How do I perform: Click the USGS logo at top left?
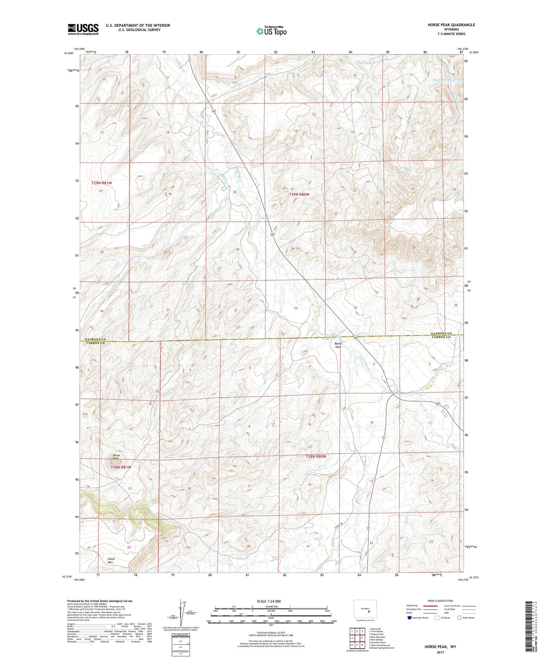(83, 29)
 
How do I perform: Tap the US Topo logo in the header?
(271, 31)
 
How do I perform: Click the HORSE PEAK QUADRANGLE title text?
(451, 25)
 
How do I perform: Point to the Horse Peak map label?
(116, 457)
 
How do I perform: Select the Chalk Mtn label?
(111, 561)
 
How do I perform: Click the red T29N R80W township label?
(299, 194)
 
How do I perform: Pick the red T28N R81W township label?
(120, 467)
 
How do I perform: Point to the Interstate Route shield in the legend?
(410, 618)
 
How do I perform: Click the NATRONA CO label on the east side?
(441, 333)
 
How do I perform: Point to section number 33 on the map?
(296, 308)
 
